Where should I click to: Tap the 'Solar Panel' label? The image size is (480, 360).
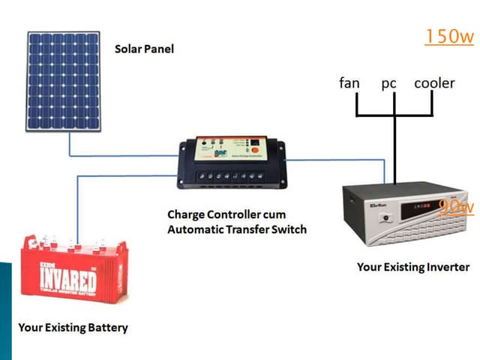coord(144,49)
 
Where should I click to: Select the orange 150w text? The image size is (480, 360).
coord(448,36)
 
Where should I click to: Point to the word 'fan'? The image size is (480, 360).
coord(349,82)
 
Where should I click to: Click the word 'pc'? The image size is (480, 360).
coord(388,83)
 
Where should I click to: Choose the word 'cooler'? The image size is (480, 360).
coord(434,82)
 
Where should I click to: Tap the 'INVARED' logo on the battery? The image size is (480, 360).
coord(68,282)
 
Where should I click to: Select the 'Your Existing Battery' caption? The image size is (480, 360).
coord(73,327)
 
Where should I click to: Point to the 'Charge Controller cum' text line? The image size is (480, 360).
coord(226,214)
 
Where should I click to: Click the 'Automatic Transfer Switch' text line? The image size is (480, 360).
coord(236,229)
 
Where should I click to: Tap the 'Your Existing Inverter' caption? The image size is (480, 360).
coord(413,266)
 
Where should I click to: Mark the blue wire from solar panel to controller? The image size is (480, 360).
coord(120,156)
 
